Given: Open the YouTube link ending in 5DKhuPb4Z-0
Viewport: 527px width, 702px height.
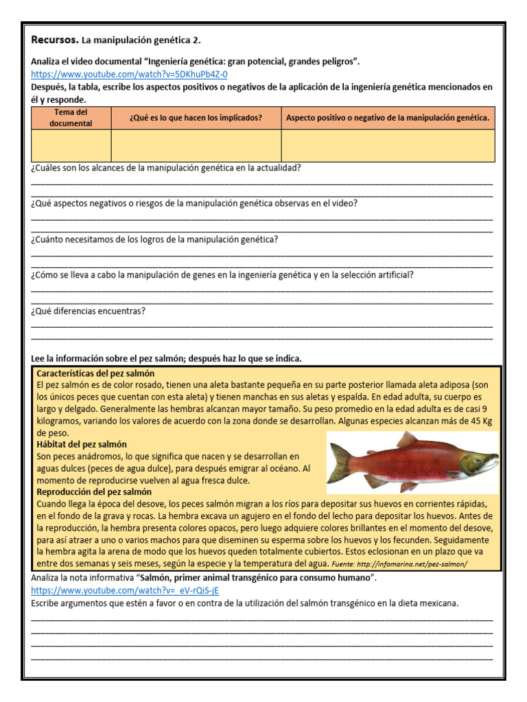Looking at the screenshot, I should coord(129,74).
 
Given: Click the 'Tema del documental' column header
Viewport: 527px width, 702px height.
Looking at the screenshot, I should coord(71,117).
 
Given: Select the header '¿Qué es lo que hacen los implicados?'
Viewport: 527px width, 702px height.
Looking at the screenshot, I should coord(196,118).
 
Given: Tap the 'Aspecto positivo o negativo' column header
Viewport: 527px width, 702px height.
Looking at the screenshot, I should coord(388,118).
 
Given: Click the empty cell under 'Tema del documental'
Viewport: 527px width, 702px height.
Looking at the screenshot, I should coord(71,145).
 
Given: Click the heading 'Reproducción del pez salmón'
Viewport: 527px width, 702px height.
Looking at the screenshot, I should coord(94,492).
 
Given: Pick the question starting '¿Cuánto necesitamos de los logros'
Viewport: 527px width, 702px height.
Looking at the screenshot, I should coord(154,239).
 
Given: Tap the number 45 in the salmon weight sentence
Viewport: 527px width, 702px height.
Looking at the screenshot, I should coord(467,421).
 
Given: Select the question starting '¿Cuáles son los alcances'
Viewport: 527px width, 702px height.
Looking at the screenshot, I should coord(165,167).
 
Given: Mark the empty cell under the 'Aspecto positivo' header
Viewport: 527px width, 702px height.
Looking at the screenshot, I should coord(388,145).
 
